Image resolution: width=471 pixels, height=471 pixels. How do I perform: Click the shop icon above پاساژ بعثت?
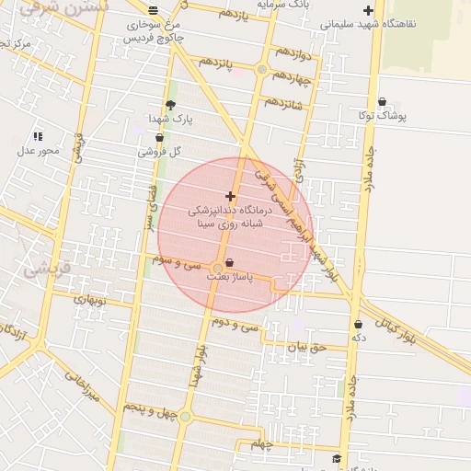coord(229,263)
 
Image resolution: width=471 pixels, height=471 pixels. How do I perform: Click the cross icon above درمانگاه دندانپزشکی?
coord(229,196)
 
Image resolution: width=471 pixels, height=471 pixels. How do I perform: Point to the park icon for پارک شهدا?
coord(170,105)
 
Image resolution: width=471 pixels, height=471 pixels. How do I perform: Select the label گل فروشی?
coord(159,151)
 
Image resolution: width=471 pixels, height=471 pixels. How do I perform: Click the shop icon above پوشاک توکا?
coord(382,102)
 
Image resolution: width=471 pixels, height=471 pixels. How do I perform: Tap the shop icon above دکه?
coord(358,324)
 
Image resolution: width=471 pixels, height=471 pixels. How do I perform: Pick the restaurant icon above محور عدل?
coord(38,136)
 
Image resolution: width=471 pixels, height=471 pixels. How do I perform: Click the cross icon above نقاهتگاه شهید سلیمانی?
coord(368,10)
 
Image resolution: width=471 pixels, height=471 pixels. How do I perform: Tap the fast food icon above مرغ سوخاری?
coord(153,10)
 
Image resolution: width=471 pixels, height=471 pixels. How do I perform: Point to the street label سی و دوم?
coord(232,324)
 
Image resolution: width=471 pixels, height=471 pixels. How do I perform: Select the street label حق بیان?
coord(306,347)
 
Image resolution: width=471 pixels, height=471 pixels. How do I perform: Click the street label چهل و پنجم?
coord(148,411)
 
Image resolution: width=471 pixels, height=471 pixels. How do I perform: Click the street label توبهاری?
coord(90,299)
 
